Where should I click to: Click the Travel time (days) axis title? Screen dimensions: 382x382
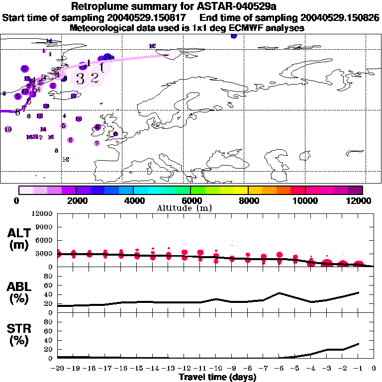click(x=217, y=378)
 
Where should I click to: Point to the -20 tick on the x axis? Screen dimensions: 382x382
click(x=57, y=369)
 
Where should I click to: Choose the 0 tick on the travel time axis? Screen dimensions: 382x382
click(x=374, y=369)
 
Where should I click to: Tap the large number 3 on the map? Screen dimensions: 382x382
click(x=80, y=78)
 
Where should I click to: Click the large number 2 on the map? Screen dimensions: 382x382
click(x=95, y=78)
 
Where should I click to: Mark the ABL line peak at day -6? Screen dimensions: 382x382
click(x=280, y=293)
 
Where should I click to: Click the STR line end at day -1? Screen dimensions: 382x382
click(x=359, y=343)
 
